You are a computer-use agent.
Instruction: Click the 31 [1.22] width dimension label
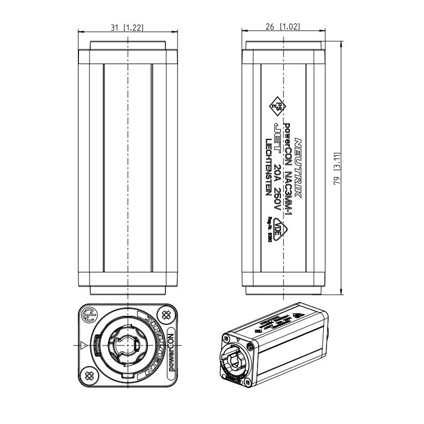point(127,28)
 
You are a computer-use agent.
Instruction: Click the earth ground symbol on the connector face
point(90,315)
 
